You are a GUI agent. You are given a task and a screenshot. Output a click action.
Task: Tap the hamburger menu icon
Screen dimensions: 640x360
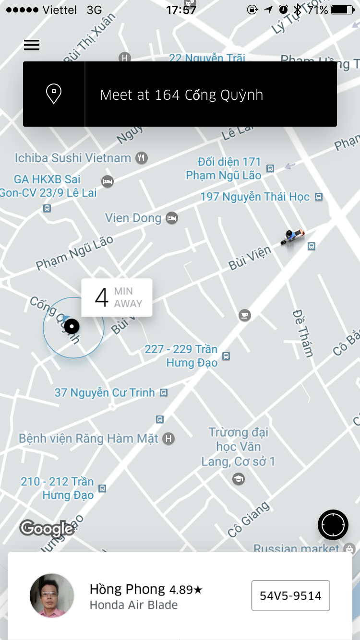tap(32, 45)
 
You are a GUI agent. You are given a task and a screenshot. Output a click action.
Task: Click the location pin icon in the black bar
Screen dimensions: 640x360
tap(53, 94)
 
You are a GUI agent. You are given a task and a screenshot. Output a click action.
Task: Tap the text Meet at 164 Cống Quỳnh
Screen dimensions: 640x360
tap(181, 95)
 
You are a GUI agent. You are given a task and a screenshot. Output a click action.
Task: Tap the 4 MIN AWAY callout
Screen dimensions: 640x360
tap(117, 297)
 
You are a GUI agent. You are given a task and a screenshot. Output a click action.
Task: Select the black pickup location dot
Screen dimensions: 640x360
tap(72, 327)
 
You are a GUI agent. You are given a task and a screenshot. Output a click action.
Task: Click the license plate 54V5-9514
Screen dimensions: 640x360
tap(290, 595)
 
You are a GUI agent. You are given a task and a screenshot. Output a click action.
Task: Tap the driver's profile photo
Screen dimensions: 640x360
tap(52, 595)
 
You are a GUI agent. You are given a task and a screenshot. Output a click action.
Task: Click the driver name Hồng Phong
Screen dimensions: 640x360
tap(127, 589)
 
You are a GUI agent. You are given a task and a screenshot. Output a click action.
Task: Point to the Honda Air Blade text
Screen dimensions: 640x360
tap(133, 605)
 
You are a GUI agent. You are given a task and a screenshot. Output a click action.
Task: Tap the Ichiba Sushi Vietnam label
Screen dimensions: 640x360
tap(73, 158)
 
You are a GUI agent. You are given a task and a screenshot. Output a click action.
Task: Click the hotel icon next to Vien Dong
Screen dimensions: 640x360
tap(172, 218)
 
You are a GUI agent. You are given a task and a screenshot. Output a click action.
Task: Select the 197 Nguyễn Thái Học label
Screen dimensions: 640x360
tap(255, 197)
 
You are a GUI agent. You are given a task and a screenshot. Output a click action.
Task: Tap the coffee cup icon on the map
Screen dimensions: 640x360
tap(245, 315)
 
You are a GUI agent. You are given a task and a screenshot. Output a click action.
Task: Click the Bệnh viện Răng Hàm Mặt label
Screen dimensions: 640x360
tap(89, 439)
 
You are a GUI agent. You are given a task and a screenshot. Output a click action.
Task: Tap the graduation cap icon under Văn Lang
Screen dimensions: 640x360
tap(238, 479)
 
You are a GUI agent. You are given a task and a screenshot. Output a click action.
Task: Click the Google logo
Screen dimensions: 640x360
tap(47, 528)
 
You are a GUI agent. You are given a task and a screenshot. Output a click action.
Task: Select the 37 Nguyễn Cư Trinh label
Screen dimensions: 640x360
tap(105, 393)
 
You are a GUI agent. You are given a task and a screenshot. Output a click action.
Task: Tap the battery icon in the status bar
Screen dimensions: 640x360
tap(342, 10)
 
